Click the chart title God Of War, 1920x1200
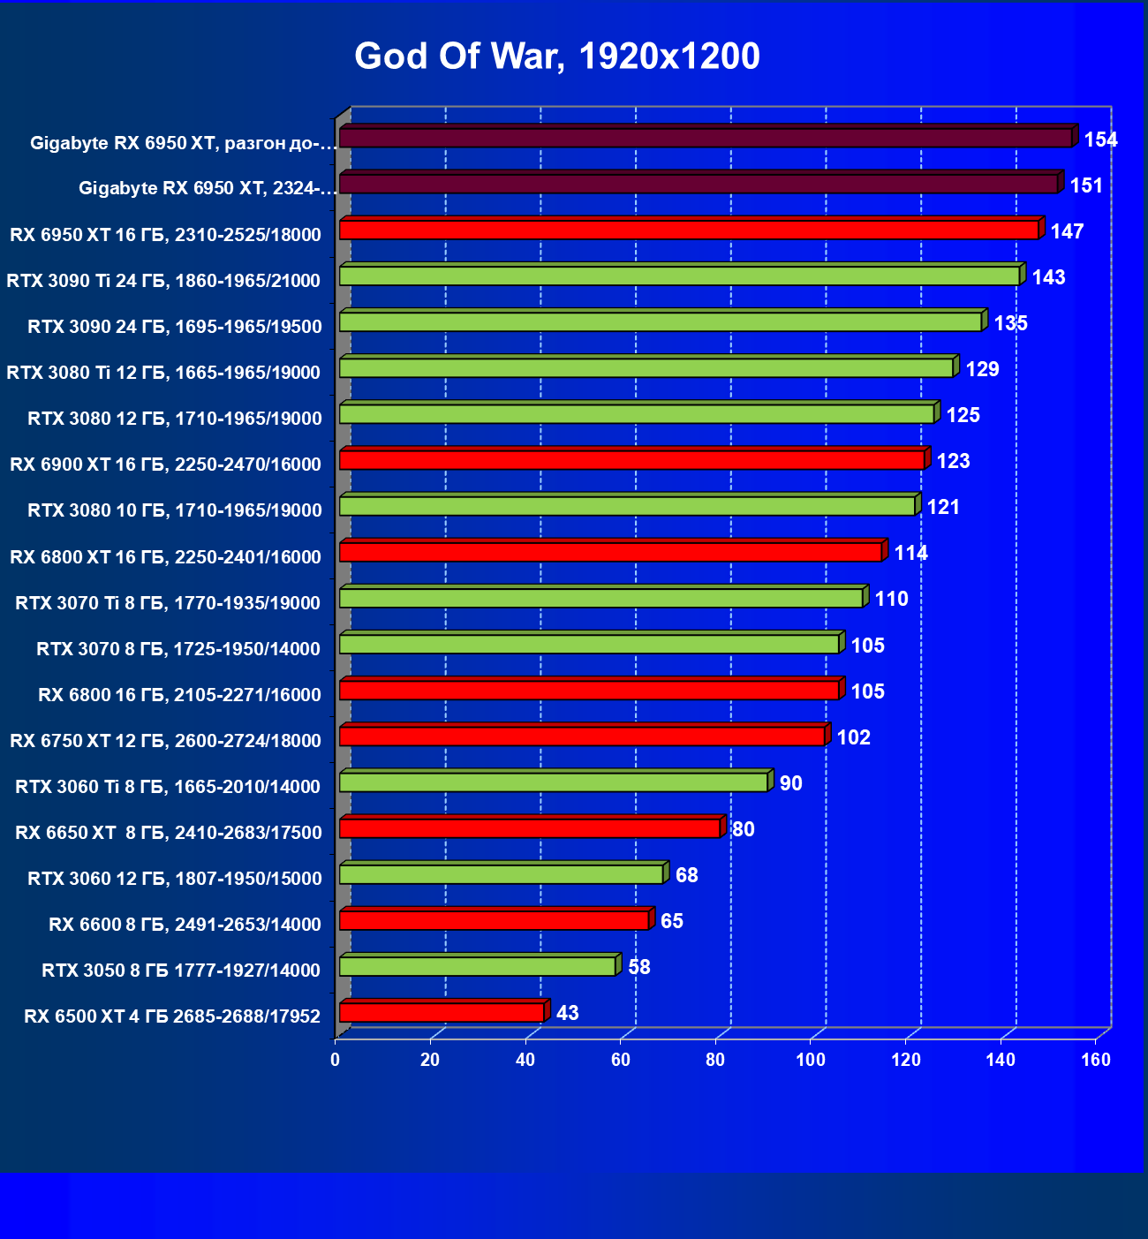(x=557, y=57)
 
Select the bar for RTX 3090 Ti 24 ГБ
(x=679, y=276)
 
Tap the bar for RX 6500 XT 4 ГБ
(x=442, y=1012)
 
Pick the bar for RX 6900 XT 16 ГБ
(x=631, y=460)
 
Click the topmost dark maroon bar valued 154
(x=706, y=138)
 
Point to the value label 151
(x=1086, y=185)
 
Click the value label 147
(x=1067, y=231)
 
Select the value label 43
(x=568, y=1013)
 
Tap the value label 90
(x=790, y=783)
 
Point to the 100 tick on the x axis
(x=811, y=1060)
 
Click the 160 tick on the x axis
(x=1096, y=1060)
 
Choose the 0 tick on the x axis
(x=336, y=1060)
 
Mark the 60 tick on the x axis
(x=621, y=1060)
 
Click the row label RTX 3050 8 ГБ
(x=181, y=971)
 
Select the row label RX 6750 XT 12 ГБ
(x=165, y=741)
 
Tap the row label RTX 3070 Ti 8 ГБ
(x=168, y=603)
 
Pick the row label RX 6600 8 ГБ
(x=185, y=925)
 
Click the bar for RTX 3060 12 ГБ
(x=501, y=874)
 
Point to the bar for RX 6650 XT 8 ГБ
(x=530, y=828)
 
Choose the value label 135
(x=1010, y=323)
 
